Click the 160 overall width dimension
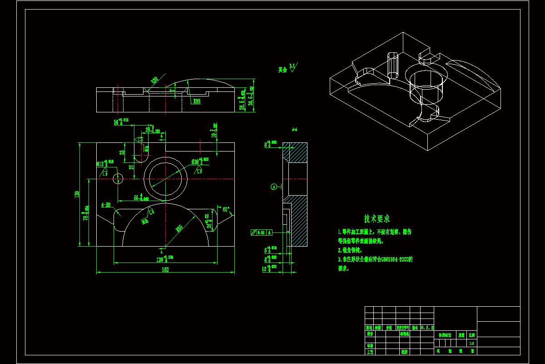tap(165, 270)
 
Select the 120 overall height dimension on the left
tap(77, 194)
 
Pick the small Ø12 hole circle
tap(118, 178)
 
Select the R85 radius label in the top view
tap(197, 101)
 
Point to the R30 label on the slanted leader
tap(154, 81)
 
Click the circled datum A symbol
tap(273, 187)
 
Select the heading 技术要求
tap(377, 219)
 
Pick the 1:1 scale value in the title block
tap(472, 343)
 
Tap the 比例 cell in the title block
tap(472, 334)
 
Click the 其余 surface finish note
tap(283, 70)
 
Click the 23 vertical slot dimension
tap(122, 153)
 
